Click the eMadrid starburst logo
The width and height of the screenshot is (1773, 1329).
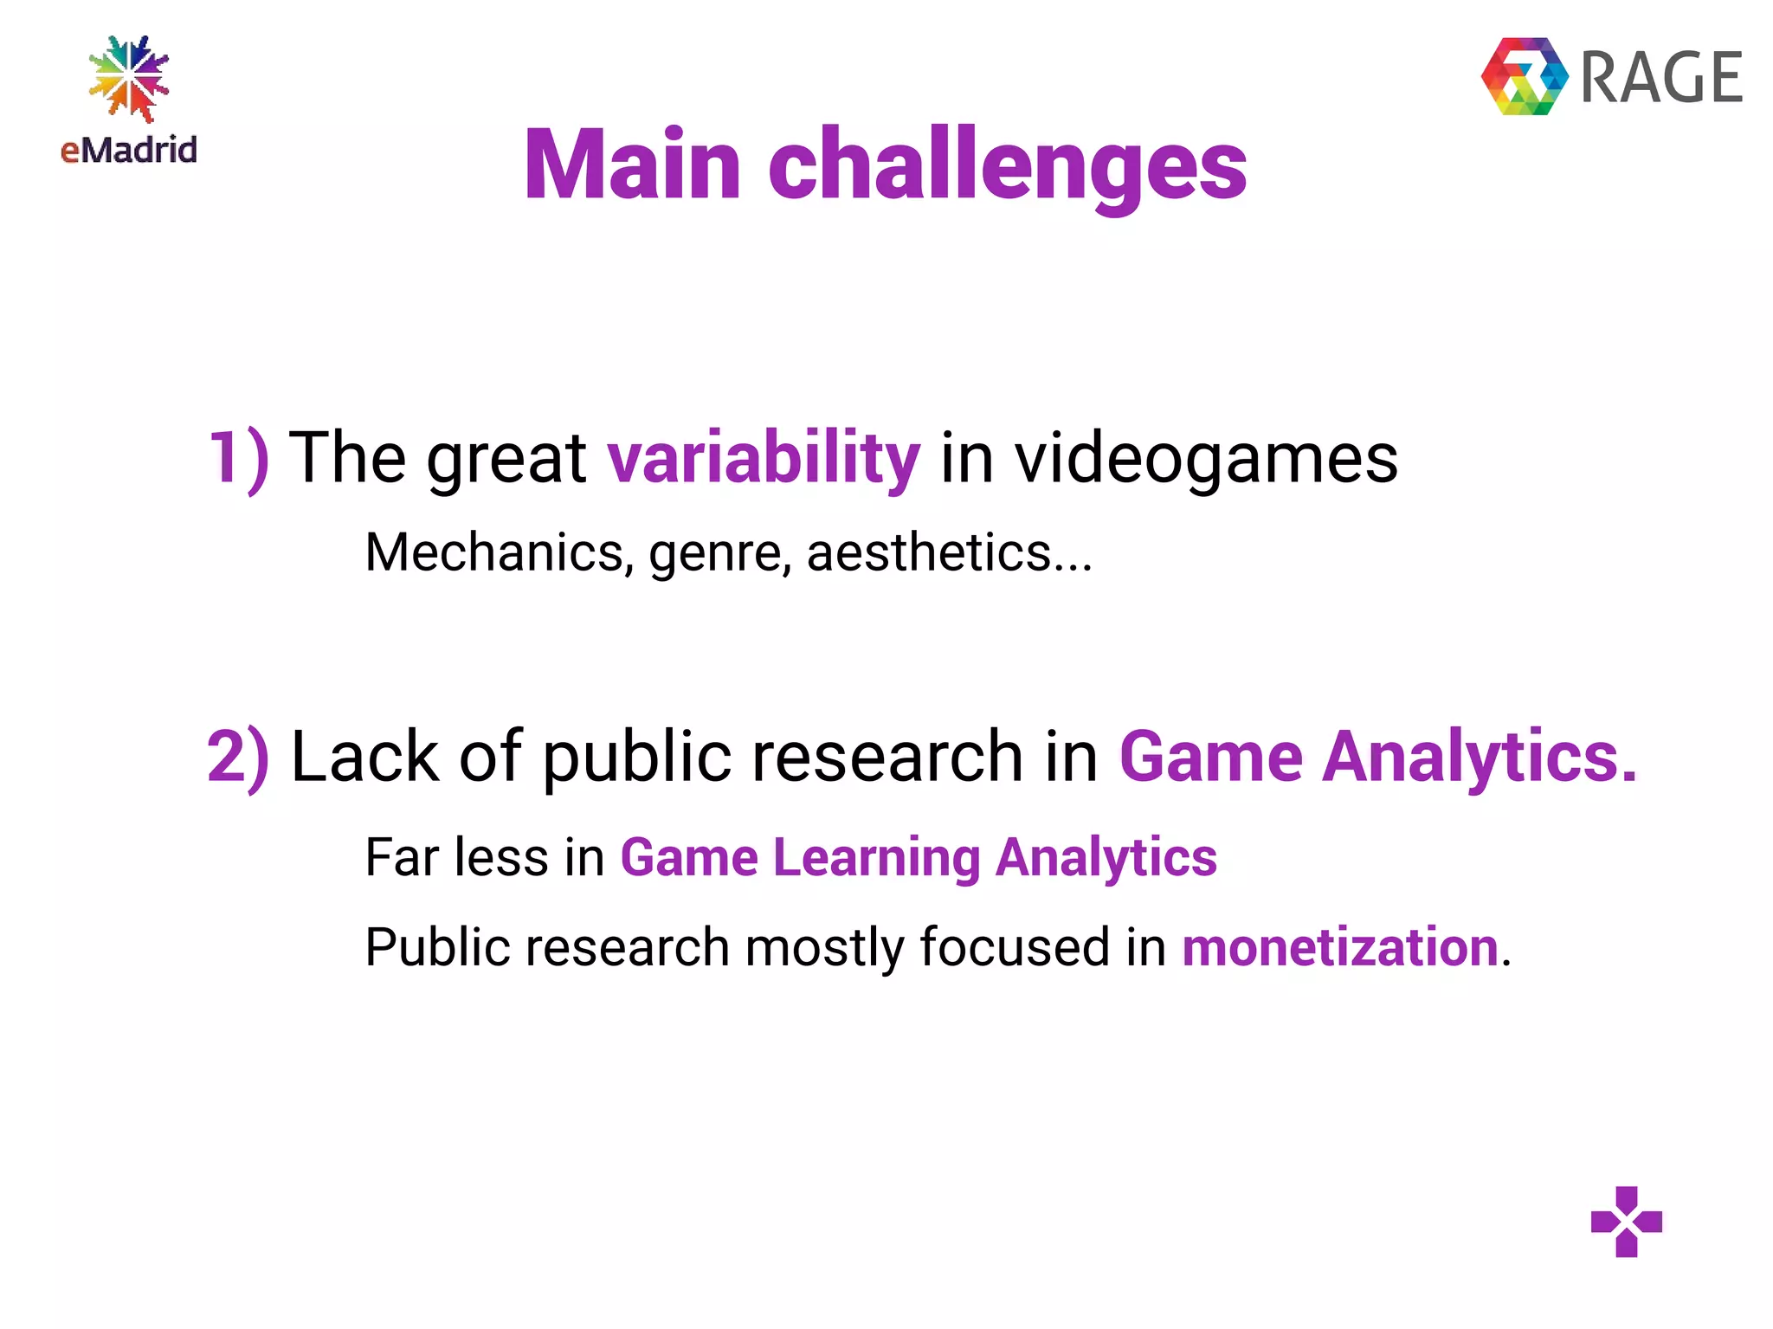[129, 78]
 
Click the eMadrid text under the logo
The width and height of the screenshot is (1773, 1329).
[129, 150]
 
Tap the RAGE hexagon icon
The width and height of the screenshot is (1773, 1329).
[1524, 76]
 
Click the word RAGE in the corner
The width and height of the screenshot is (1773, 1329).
[1661, 78]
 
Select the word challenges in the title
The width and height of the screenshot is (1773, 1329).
[1007, 166]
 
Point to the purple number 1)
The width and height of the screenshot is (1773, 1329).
[238, 458]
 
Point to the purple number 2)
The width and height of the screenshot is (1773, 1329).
[238, 757]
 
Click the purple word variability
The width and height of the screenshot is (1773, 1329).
[763, 458]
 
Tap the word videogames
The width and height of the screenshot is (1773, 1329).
[1206, 458]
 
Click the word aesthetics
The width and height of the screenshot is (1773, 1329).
[928, 552]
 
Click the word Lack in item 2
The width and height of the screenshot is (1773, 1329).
[364, 757]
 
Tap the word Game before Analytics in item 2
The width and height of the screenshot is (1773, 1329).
[1210, 757]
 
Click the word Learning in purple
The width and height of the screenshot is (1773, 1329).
[876, 858]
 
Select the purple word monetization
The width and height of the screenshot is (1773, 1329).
[1339, 946]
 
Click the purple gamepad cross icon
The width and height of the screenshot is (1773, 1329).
[1626, 1221]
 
